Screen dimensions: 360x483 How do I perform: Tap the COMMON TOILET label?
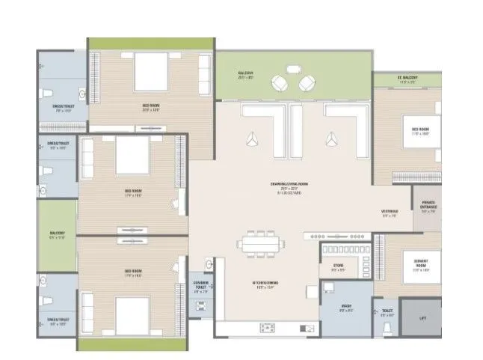click(200, 284)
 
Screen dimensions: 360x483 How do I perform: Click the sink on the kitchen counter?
click(267, 328)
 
